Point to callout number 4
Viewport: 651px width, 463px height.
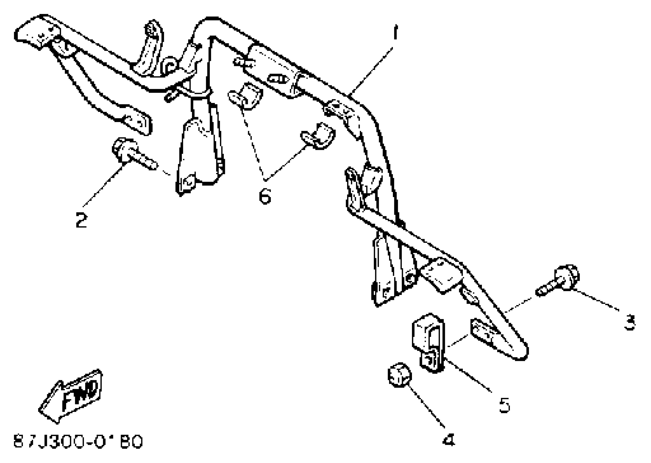(x=449, y=440)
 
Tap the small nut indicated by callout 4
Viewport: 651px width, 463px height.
(x=399, y=376)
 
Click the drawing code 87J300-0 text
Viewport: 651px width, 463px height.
(x=78, y=442)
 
